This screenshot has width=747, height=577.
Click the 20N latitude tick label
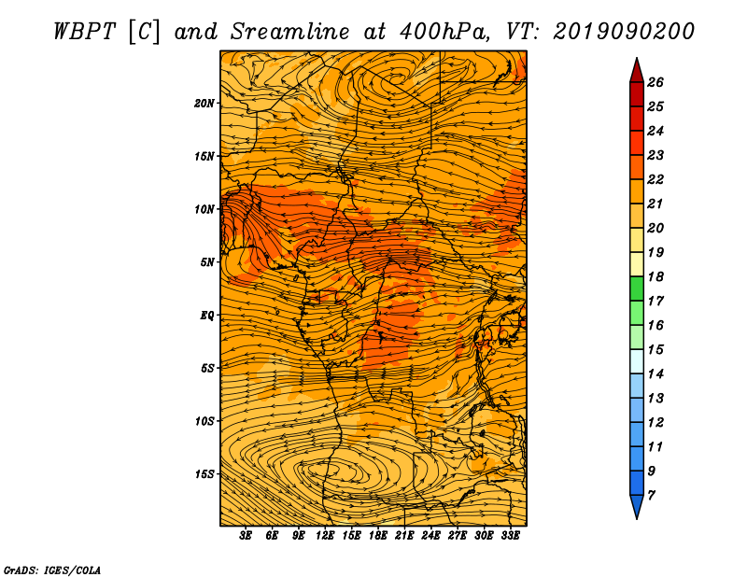[x=204, y=103]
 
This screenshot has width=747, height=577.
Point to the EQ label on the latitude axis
[x=206, y=315]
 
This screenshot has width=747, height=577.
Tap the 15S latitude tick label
[x=204, y=473]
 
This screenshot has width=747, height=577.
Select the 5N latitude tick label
[x=207, y=262]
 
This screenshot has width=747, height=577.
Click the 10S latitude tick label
[x=204, y=421]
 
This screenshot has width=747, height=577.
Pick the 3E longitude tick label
[x=246, y=536]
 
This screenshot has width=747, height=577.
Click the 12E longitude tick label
[x=325, y=536]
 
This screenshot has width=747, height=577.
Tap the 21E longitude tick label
[x=404, y=536]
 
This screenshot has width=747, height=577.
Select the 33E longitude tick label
[x=510, y=536]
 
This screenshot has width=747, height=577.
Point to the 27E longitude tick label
[x=458, y=536]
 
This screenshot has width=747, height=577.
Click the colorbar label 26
[x=655, y=82]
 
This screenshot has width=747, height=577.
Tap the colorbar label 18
[x=655, y=276]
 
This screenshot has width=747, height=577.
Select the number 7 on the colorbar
[x=651, y=495]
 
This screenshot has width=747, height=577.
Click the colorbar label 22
[x=655, y=179]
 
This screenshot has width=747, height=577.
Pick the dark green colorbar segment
[x=637, y=288]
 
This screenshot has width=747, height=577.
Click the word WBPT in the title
[x=84, y=32]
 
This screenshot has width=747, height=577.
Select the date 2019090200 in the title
[x=624, y=32]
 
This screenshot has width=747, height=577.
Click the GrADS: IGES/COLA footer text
[x=52, y=570]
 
